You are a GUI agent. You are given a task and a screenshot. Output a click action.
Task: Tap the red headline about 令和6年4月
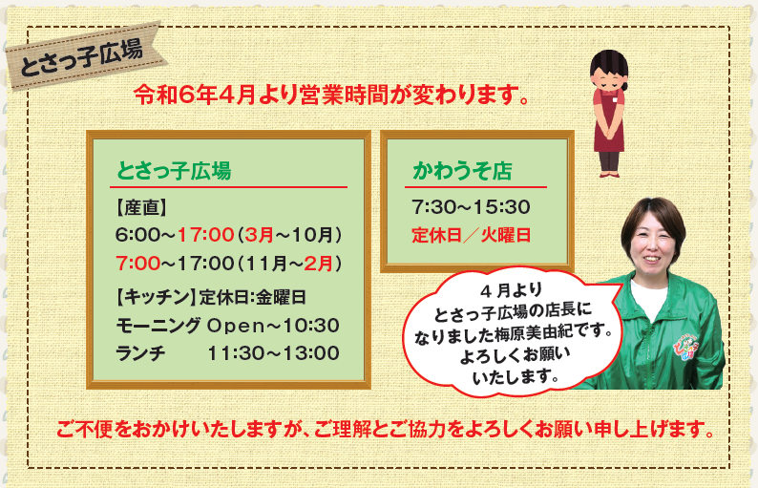pos(331,95)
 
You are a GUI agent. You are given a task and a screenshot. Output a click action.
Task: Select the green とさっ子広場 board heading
pos(174,171)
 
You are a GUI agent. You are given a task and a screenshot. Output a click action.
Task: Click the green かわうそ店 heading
pos(462,171)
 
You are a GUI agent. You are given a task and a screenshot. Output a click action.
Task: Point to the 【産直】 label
pos(141,207)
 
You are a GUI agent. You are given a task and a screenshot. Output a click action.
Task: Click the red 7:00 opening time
pos(137,264)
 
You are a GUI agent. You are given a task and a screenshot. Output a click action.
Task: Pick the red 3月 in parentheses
pos(260,235)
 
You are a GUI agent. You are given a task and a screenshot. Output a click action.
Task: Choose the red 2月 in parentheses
pos(318,264)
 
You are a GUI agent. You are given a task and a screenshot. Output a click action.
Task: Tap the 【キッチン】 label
pos(156,297)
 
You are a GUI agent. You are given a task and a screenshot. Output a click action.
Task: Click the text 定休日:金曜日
pos(252,297)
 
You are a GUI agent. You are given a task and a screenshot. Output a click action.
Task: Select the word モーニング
pos(158,326)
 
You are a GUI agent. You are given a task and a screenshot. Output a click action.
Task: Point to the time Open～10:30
pos(273,326)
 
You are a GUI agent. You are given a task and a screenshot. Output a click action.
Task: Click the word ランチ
pos(140,353)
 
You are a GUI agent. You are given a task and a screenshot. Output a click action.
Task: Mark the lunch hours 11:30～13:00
pos(273,353)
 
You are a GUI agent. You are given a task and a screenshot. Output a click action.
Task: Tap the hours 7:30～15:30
pos(471,207)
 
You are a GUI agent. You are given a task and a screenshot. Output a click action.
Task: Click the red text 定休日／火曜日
pos(472,235)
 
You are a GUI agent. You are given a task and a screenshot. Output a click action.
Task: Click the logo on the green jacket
pos(686,349)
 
